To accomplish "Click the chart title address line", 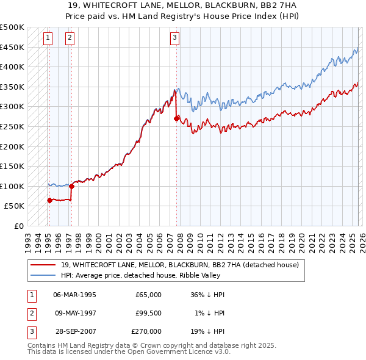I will coord(182,5).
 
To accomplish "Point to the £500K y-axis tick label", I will coord(12,27).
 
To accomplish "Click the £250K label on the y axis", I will coord(12,126).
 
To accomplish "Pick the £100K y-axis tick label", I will coord(12,186).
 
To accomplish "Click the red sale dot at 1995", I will coord(49,200).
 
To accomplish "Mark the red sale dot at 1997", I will coord(71,186).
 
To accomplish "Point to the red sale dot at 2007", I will coord(176,119).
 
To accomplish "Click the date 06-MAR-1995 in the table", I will coord(74,295).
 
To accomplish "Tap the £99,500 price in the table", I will coord(148,313).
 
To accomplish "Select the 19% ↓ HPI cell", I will coord(210,331).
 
